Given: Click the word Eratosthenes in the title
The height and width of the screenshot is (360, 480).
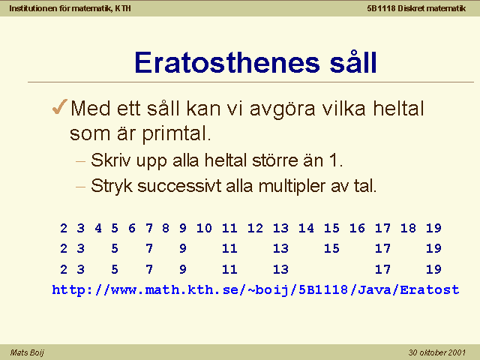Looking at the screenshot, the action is coord(227,63).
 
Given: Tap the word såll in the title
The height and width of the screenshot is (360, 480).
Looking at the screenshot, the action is coord(353,61).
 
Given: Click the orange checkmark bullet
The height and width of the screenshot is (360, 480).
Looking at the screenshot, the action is coord(60,106).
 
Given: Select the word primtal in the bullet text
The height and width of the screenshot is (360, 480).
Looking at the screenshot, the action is coord(177,134).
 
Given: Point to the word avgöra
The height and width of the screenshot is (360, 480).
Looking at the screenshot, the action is coord(282,109).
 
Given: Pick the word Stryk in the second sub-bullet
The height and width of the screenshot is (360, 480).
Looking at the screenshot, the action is coord(112,187).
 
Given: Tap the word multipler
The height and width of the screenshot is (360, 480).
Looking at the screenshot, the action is coord(292,186).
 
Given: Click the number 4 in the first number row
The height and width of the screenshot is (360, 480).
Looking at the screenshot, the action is coord(98,228).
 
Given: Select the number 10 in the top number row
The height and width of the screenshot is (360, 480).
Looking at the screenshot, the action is coord(204,228).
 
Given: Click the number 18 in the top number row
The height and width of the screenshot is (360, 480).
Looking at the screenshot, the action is coord(408,228).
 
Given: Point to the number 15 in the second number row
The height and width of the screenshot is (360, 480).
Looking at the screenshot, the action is coord(331,248).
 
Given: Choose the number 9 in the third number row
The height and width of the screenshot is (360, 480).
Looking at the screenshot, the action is coord(183,269).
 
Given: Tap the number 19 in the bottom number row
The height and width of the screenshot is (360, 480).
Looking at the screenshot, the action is coord(433,269).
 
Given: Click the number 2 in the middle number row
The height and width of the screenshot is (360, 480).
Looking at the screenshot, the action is coord(64,248).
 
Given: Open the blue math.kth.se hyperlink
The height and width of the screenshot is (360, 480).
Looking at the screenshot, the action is coord(256,290).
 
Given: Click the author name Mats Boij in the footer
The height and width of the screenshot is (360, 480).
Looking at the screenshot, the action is coord(27,352).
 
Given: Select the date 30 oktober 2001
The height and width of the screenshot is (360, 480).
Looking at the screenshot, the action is coord(436,352).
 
